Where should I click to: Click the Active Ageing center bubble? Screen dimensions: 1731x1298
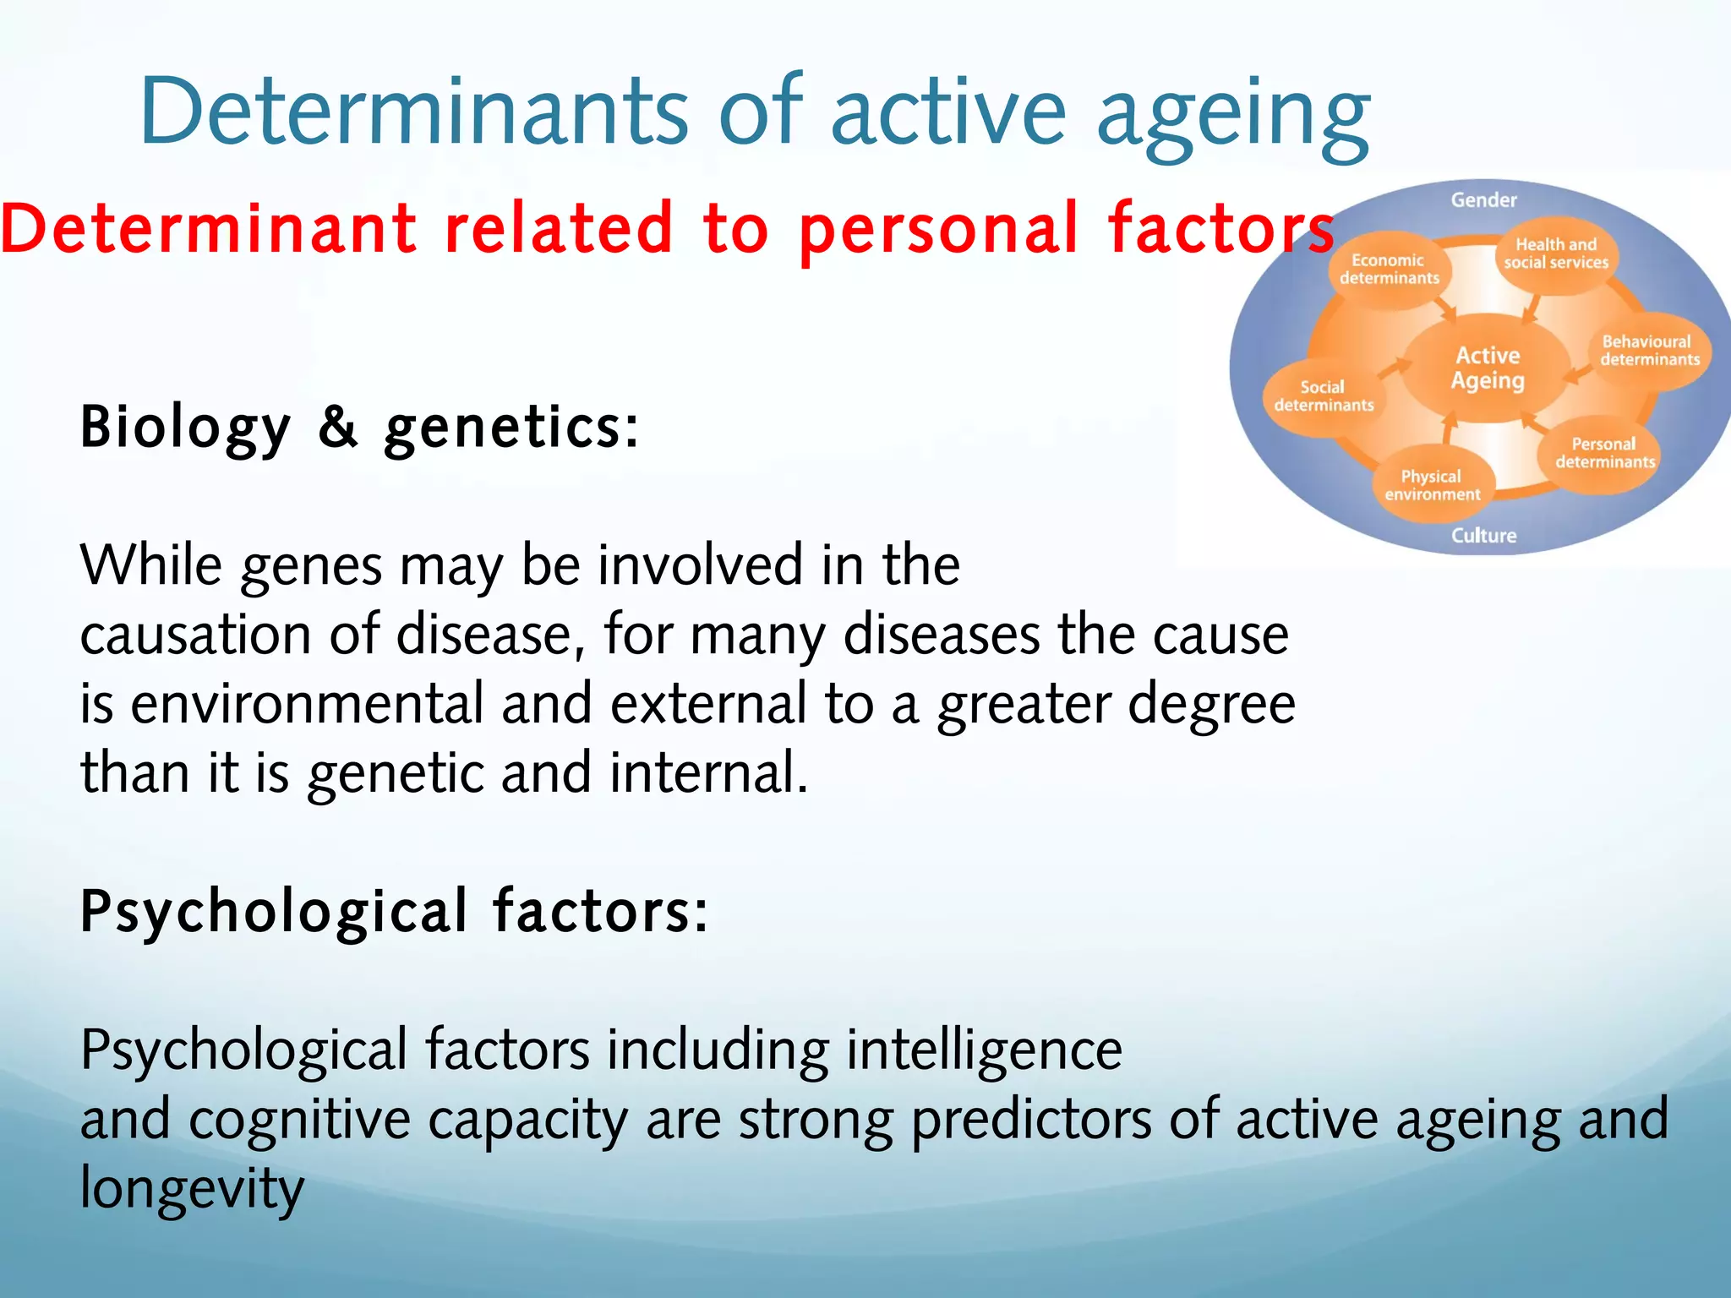[1488, 368]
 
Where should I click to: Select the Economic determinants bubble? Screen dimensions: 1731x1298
[1388, 269]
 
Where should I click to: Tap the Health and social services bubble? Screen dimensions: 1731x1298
[1555, 254]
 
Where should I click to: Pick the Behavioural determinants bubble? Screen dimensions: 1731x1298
[1649, 351]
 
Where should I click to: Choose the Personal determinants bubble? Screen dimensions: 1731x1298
[1604, 453]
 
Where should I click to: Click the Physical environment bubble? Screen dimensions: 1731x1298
[1432, 485]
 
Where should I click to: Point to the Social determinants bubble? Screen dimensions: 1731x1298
[1323, 395]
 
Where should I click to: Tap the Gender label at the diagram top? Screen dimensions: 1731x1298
[1483, 200]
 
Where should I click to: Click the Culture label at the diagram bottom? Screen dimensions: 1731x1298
[1483, 535]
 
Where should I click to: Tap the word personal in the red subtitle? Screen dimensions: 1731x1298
[938, 230]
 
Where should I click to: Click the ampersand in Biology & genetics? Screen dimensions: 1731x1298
[338, 426]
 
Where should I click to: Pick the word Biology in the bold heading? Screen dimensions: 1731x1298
[185, 428]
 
